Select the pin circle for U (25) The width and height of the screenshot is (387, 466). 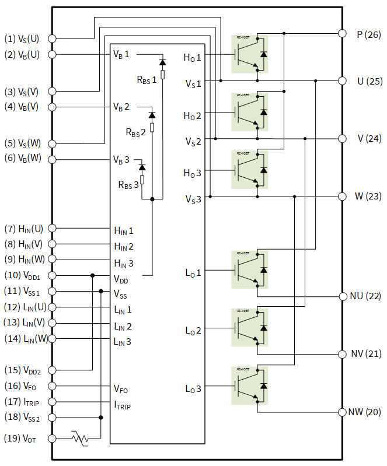point(343,80)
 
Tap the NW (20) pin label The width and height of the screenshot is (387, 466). point(365,412)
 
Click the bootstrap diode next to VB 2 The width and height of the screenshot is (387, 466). point(152,115)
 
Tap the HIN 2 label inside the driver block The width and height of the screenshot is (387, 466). point(123,247)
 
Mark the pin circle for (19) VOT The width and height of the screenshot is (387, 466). point(52,439)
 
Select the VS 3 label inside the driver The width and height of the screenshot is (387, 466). point(193,199)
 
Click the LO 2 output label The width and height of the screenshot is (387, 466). point(192,330)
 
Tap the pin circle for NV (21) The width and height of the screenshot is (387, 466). point(343,354)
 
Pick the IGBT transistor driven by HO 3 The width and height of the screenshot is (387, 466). point(249,169)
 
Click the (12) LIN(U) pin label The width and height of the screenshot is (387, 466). point(23,307)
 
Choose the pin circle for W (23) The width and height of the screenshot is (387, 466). point(343,197)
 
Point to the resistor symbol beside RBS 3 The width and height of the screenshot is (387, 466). point(142,179)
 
